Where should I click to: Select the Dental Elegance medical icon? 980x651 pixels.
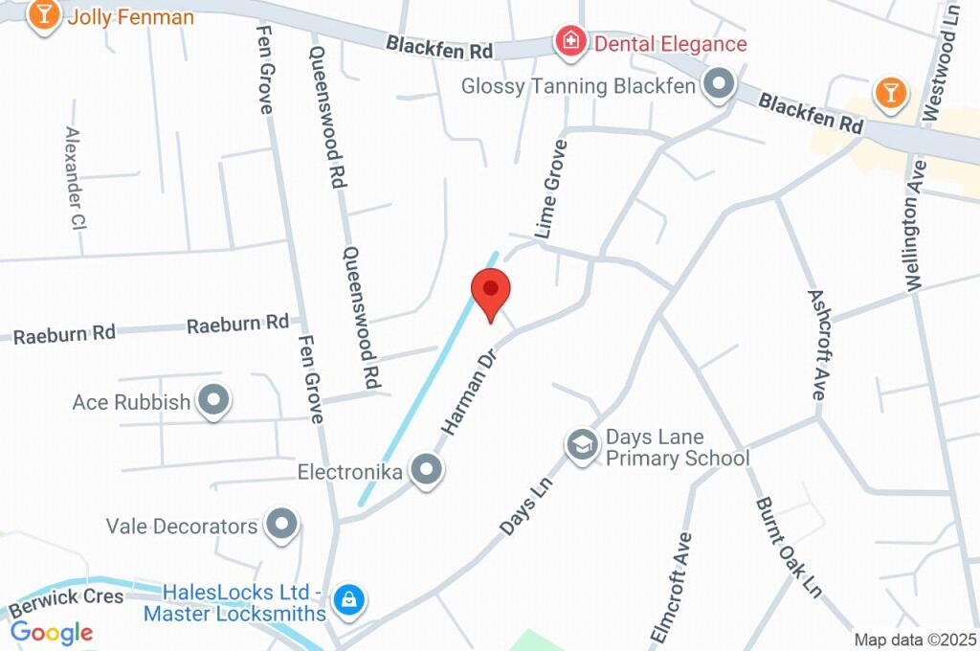tap(570, 41)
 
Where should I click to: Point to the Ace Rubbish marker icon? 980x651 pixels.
tap(212, 400)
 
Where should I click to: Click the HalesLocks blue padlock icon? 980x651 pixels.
tap(350, 600)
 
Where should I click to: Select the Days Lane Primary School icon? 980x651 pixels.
tap(580, 446)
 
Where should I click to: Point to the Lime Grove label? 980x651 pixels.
tap(551, 189)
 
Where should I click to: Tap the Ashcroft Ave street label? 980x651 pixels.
tap(816, 345)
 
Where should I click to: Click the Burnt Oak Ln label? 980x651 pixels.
tap(789, 545)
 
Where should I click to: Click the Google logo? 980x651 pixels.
tap(52, 632)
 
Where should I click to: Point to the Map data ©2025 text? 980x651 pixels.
tap(915, 640)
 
